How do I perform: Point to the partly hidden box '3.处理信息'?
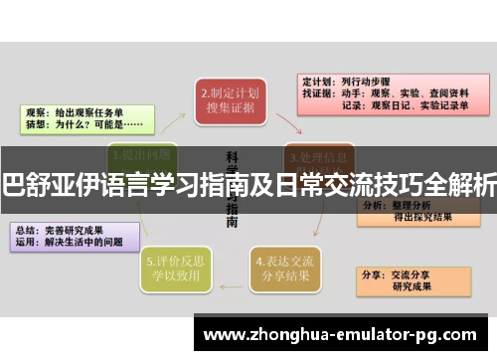click(318, 155)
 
